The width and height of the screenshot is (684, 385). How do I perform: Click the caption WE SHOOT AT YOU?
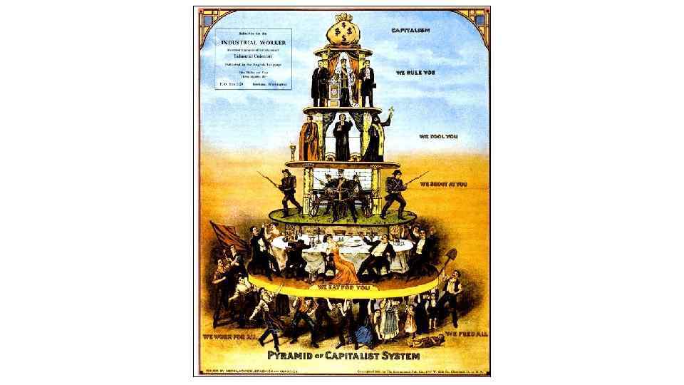[x=443, y=183]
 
